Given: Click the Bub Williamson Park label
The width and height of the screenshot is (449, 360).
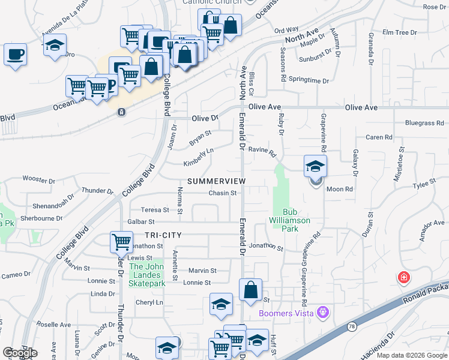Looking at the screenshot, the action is pos(297,220).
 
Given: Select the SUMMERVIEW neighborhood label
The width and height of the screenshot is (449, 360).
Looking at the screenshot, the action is pos(217,181).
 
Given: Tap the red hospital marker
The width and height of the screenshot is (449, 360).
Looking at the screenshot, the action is pos(404,278).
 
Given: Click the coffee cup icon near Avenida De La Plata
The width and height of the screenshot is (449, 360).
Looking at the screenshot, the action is pos(15,55).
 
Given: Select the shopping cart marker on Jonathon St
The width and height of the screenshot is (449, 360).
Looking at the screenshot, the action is pos(121,242).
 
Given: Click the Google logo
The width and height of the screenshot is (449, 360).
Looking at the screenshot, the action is pos(20,353).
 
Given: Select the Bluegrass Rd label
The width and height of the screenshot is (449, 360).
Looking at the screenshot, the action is pos(424,123).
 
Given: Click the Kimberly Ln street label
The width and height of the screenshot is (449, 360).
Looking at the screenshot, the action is pos(199,157).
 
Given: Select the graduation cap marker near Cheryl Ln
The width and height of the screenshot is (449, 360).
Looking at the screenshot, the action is pos(221,305).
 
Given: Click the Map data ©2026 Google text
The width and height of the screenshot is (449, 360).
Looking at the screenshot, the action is pos(411,355).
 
